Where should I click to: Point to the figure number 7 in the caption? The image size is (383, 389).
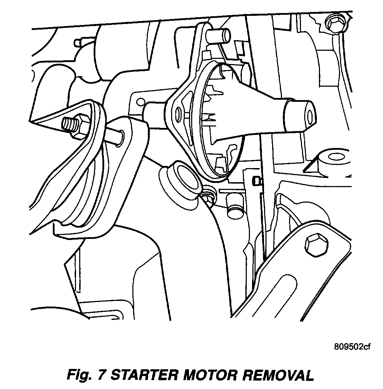tap(102, 375)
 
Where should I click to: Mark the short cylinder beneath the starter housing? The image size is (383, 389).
tap(233, 205)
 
